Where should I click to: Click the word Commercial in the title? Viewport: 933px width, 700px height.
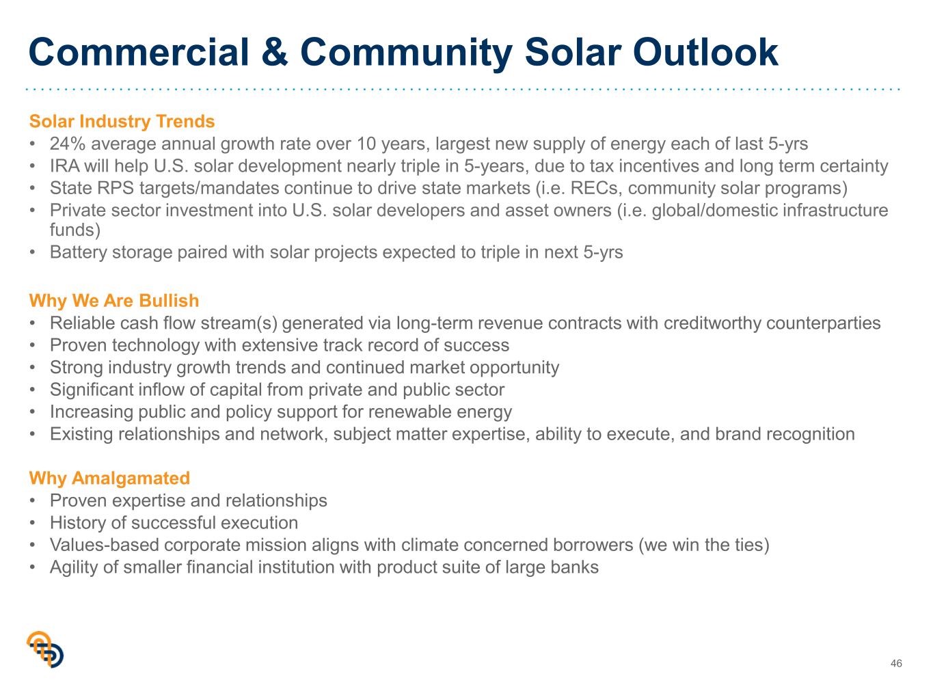139,52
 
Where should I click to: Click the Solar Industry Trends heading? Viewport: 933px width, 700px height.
122,122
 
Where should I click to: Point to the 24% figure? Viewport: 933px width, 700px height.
68,144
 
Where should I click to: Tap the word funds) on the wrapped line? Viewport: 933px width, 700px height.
75,230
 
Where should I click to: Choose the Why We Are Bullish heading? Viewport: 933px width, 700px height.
114,301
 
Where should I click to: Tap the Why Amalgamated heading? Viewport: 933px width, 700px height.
109,479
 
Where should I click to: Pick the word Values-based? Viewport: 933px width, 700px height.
105,546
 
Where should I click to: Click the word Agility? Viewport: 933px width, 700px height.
74,568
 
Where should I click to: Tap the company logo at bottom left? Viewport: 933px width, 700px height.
45,649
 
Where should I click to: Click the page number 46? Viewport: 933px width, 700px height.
896,663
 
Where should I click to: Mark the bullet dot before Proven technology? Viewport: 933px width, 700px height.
32,345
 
